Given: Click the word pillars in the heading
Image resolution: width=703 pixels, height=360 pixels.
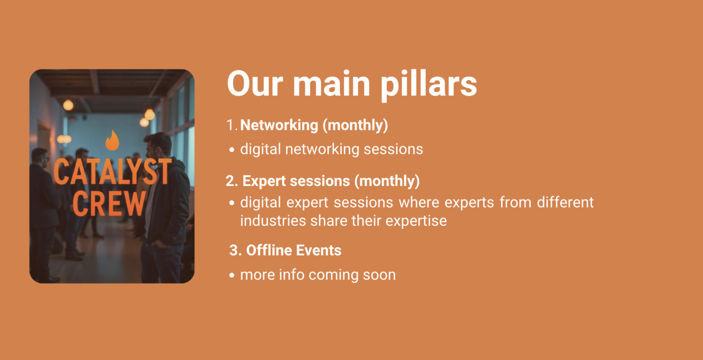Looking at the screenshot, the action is (x=429, y=85).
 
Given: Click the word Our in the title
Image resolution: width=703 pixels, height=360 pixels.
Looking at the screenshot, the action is (x=255, y=84).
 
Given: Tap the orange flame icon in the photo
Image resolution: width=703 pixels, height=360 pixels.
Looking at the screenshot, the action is (x=112, y=140).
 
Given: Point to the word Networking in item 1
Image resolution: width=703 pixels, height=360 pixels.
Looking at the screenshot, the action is (x=279, y=125).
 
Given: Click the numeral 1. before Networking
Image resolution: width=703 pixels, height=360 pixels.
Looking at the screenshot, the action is (x=232, y=125).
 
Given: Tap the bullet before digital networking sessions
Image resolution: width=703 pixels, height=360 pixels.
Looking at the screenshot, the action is (x=232, y=149).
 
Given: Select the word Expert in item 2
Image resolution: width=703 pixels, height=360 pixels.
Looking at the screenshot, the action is (x=264, y=181).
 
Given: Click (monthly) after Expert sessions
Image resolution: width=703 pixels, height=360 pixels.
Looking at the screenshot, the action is (x=387, y=181).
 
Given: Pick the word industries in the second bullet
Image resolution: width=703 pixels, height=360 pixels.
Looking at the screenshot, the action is (x=273, y=220).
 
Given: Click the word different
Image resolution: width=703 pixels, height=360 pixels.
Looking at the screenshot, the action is (x=565, y=202).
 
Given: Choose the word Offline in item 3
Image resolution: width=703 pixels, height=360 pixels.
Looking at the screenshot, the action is (x=269, y=251).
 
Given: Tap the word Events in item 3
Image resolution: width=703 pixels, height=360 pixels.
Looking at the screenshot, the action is (x=318, y=251).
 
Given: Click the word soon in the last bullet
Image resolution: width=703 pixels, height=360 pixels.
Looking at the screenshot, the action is (x=379, y=275).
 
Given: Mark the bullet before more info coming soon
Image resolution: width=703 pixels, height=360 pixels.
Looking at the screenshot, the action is (x=232, y=275).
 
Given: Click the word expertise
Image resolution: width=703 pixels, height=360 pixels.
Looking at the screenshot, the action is (x=416, y=221).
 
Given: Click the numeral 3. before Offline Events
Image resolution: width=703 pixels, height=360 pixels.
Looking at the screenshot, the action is (x=235, y=251).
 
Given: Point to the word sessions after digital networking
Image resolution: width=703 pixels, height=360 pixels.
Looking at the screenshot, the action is (x=393, y=149).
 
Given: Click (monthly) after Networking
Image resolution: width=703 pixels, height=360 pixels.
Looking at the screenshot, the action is (x=355, y=125).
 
